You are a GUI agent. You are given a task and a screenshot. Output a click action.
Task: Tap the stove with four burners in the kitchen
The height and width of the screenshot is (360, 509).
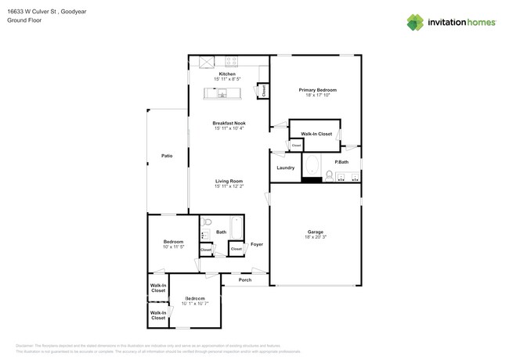232,61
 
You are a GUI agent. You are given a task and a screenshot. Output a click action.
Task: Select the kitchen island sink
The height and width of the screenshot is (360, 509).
222,94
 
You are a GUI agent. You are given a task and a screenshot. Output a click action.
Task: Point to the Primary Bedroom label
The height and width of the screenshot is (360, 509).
317,90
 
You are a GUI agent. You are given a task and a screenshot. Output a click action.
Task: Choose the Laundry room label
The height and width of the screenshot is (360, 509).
286,167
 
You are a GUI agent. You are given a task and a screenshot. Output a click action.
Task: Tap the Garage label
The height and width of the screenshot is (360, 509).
316,232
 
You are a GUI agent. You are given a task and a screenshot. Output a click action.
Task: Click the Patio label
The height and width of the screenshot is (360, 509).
167,157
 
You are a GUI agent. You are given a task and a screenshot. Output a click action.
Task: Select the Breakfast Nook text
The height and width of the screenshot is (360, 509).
229,123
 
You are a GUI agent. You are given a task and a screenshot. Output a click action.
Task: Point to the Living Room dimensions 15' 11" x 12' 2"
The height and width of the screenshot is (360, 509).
229,186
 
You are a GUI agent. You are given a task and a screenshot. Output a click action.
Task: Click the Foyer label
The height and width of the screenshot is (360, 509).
257,244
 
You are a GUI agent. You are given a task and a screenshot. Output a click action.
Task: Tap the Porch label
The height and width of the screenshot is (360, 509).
245,279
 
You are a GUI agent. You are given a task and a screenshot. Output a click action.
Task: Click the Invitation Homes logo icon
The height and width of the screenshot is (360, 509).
415,22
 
